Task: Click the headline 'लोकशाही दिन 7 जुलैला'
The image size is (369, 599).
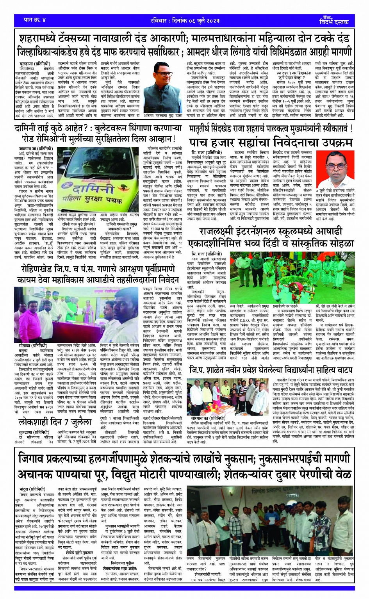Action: [x=55, y=422]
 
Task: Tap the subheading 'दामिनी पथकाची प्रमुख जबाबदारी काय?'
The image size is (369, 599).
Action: [x=121, y=226]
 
